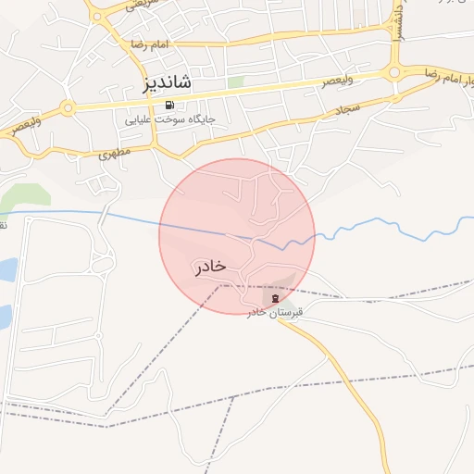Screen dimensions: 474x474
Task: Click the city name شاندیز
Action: coord(168,82)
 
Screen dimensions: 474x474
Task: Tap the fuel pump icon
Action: coord(169,105)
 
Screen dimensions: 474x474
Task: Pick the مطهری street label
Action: coord(116,151)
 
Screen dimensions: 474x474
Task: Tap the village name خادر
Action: coord(211,267)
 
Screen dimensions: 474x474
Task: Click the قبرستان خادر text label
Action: coord(275,313)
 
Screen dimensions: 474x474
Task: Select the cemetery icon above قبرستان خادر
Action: coord(275,298)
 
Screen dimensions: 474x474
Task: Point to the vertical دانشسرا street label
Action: coord(396,16)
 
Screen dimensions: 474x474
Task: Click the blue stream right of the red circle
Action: coord(389,223)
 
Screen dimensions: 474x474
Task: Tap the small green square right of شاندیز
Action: coord(235,81)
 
